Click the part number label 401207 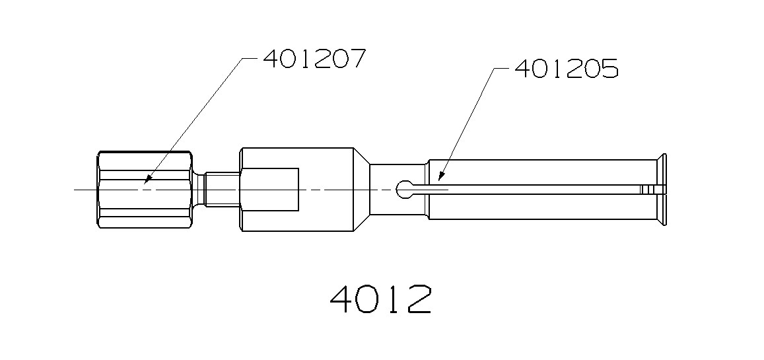[x=314, y=59]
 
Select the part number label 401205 [x=565, y=69]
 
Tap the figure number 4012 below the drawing [x=381, y=299]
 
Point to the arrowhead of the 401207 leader [x=147, y=179]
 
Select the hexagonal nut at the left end [x=145, y=190]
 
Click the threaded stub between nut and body [x=222, y=190]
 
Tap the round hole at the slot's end [x=404, y=190]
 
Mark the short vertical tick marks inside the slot [x=646, y=190]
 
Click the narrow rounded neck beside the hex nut [x=199, y=190]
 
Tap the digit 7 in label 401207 [x=356, y=59]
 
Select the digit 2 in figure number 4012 [x=419, y=299]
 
